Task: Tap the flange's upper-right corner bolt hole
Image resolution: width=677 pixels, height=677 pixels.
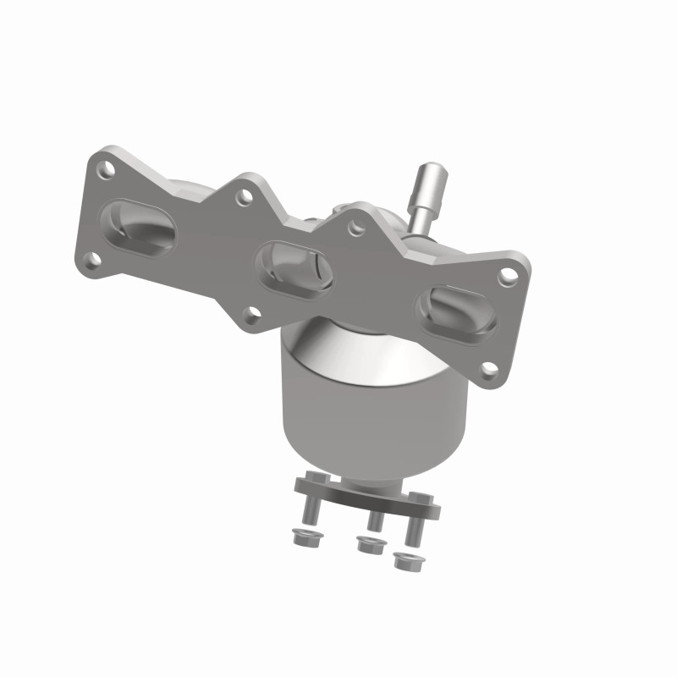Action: click(x=507, y=275)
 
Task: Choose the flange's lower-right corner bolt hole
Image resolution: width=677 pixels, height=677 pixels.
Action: click(x=488, y=369)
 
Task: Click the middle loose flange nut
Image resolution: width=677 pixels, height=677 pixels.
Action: click(x=366, y=545)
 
